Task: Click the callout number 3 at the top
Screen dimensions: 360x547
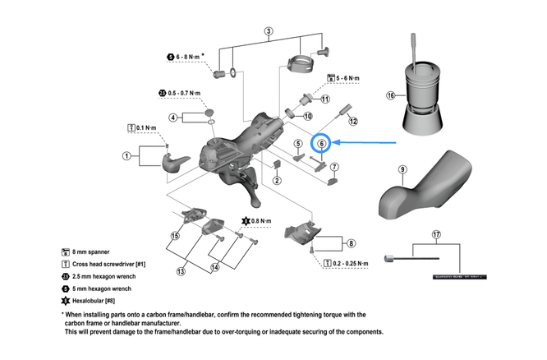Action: (269, 32)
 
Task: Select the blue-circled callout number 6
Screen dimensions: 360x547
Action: (322, 143)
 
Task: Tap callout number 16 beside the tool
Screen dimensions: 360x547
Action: (391, 96)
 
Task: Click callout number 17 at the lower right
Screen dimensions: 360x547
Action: (436, 233)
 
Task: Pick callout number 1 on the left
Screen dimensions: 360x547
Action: (127, 155)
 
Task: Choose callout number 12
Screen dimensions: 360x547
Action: (354, 122)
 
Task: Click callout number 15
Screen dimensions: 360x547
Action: (175, 237)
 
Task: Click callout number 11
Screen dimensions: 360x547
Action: (325, 99)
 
